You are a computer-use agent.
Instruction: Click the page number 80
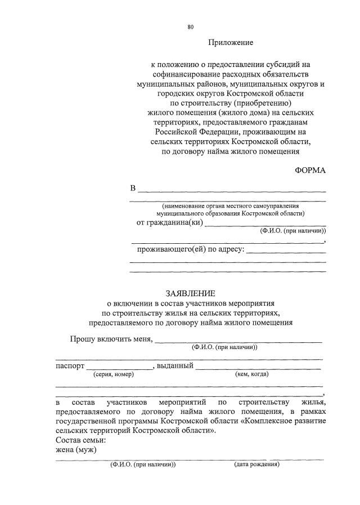(x=191, y=26)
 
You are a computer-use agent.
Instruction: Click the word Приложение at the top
(x=231, y=42)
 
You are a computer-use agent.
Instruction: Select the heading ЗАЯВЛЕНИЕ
(x=190, y=293)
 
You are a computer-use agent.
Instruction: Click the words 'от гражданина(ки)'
(x=169, y=222)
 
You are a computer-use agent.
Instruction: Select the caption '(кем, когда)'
(x=251, y=374)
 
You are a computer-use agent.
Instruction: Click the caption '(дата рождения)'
(x=256, y=464)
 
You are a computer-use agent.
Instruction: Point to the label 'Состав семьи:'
(x=80, y=440)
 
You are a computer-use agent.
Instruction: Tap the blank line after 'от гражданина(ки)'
(x=265, y=224)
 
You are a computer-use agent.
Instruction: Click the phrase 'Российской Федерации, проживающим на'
(x=231, y=131)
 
